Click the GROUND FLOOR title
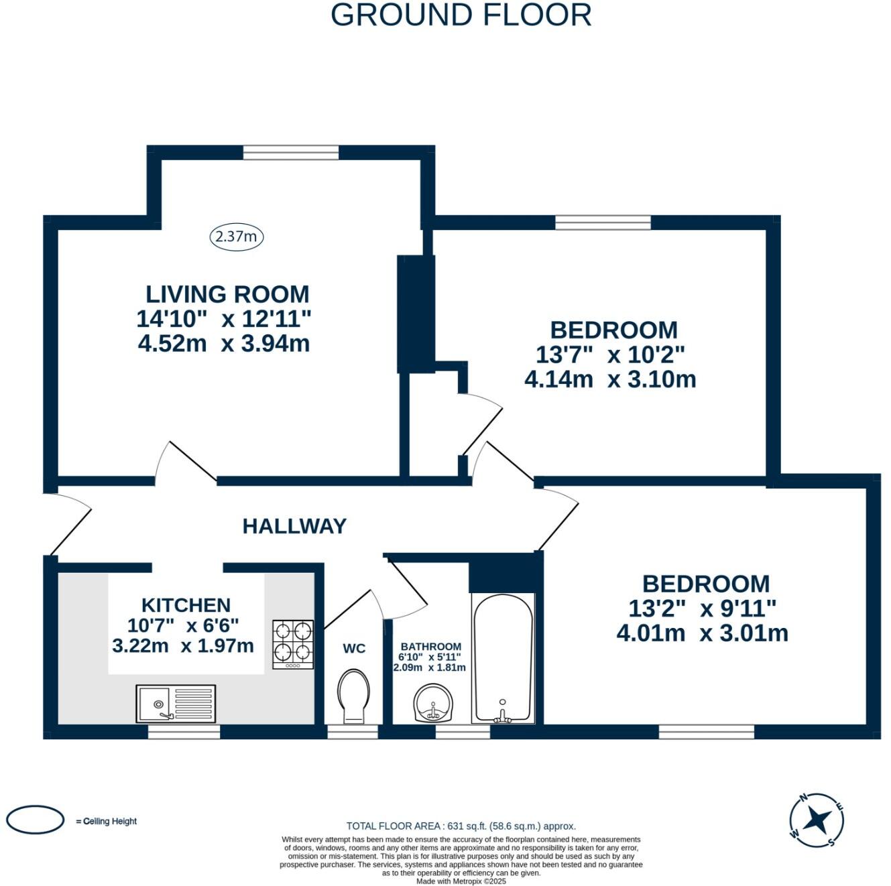pos(461,15)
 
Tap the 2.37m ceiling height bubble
pos(237,237)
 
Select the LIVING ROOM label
pos(227,294)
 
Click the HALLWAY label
pos(294,526)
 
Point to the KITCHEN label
pos(186,605)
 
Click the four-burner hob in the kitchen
pos(293,644)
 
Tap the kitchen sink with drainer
pos(176,703)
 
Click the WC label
pos(354,649)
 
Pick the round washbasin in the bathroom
pos(433,703)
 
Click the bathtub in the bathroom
pos(503,658)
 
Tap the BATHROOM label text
pos(431,647)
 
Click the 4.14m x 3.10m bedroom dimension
pos(610,380)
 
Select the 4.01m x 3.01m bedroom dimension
pos(703,633)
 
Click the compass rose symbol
pos(817,833)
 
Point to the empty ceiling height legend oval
pos(35,832)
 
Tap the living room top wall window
pos(291,153)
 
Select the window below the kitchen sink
pos(184,732)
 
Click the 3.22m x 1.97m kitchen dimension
pos(183,646)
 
